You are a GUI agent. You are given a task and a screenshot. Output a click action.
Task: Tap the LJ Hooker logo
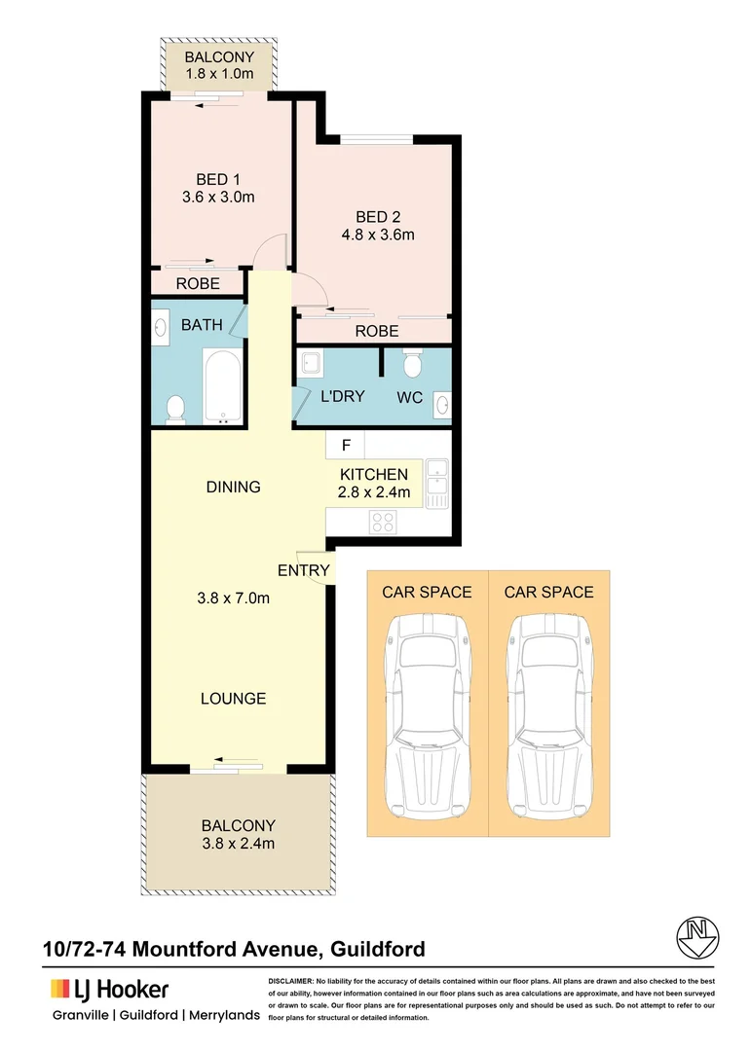coord(110,990)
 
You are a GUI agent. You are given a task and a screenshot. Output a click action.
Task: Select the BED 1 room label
coord(218,179)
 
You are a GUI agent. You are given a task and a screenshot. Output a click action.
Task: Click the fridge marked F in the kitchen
coord(345,446)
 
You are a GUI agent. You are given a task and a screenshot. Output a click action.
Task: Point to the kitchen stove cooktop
coord(382,522)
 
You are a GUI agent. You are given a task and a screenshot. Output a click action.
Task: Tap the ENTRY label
coord(304,570)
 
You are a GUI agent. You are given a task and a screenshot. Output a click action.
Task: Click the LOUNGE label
coord(233,699)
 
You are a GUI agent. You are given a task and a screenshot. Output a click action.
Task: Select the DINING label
coord(233,487)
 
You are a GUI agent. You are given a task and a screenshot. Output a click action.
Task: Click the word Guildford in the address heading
coord(378,948)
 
